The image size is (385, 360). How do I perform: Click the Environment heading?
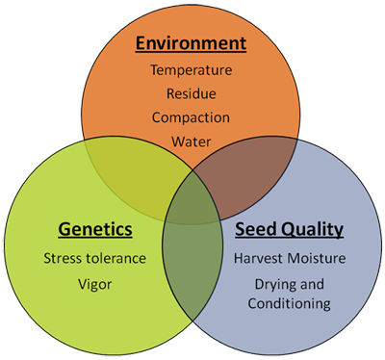(191, 43)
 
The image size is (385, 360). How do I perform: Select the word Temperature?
(192, 70)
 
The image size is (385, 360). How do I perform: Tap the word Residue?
(192, 93)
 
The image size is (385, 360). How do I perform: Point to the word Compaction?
(191, 117)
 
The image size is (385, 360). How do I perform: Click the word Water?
(192, 141)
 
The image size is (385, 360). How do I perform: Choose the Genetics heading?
(95, 230)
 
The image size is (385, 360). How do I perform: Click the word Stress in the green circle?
(62, 258)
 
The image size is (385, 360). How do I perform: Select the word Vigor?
(95, 285)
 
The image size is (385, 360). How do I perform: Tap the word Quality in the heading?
(312, 230)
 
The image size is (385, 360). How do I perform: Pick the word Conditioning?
(289, 303)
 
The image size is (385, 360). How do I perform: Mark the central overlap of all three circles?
(192, 199)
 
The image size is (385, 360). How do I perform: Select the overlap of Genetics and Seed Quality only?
(192, 263)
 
